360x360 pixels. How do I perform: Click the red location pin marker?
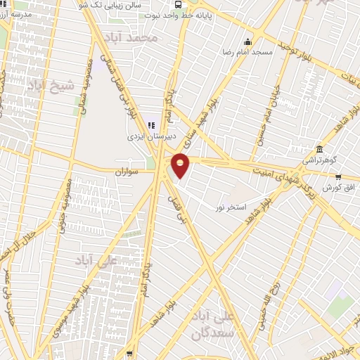click(x=181, y=165)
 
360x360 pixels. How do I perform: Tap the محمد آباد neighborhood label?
click(x=139, y=37)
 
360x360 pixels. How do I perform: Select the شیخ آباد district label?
click(x=50, y=85)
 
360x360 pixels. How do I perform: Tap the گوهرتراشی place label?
click(x=319, y=161)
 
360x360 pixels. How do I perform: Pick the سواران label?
click(x=129, y=171)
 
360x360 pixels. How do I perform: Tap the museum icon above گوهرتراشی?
click(x=320, y=149)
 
